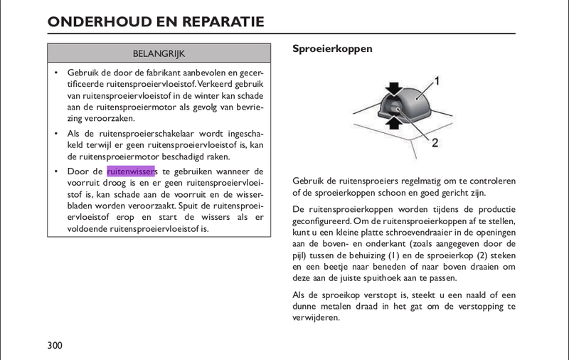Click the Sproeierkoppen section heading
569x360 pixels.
coord(333,49)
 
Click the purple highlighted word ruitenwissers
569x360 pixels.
coord(131,171)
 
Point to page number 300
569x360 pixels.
coord(55,346)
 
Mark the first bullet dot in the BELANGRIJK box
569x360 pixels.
coord(56,73)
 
